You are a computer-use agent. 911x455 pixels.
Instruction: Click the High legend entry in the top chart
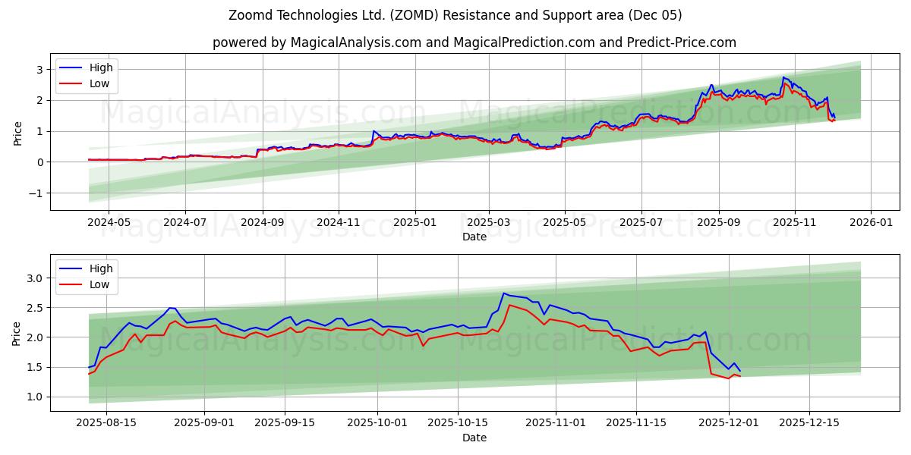click(100, 67)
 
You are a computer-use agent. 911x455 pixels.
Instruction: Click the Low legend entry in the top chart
click(99, 83)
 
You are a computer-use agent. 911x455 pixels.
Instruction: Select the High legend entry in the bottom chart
click(100, 268)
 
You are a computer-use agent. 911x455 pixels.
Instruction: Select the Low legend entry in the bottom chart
click(99, 284)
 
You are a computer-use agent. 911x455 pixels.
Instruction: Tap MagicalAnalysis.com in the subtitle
click(355, 42)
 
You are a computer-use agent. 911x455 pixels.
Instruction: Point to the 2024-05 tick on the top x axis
click(109, 224)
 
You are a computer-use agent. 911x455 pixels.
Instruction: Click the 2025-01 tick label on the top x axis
click(415, 224)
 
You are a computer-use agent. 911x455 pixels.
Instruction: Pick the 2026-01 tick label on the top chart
click(870, 224)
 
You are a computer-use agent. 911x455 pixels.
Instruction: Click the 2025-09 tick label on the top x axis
click(718, 224)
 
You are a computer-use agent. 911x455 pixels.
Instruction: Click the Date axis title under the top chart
click(474, 237)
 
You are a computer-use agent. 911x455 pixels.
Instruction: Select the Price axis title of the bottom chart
click(17, 332)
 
